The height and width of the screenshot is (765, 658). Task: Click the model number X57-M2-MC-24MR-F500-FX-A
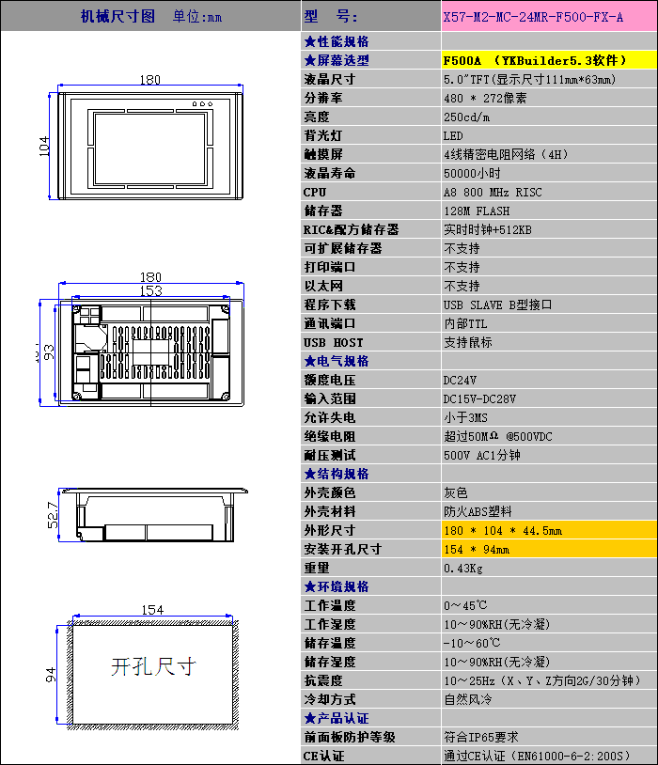click(x=533, y=17)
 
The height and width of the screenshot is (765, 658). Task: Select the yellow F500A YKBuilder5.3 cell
click(x=549, y=60)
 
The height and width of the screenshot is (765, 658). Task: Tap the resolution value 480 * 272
click(x=485, y=98)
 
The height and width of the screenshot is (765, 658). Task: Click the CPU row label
click(x=315, y=193)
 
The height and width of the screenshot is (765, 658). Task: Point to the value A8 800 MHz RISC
click(x=493, y=193)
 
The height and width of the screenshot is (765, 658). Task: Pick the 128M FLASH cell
click(x=477, y=211)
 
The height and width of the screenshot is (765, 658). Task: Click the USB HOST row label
click(x=334, y=342)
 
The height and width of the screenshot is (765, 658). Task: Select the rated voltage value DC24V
click(x=460, y=380)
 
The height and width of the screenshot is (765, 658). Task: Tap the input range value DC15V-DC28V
click(x=479, y=399)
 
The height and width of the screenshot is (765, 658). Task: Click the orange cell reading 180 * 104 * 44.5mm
click(x=549, y=530)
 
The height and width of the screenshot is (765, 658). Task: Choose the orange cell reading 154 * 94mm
click(x=549, y=550)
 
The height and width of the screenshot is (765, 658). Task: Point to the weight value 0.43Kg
click(x=463, y=569)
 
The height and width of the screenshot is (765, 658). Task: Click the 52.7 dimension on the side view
click(x=53, y=515)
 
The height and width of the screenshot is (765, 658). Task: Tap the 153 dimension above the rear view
click(x=150, y=290)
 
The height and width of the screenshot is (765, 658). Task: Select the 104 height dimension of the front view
click(x=44, y=147)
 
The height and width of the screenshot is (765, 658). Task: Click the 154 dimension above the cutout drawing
click(x=152, y=610)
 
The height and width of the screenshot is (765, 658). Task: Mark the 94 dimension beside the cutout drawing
click(x=51, y=675)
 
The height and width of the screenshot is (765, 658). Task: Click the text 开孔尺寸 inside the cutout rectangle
click(x=153, y=667)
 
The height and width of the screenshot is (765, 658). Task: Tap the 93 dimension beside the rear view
click(x=49, y=352)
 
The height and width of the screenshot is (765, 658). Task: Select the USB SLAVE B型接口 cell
click(x=497, y=304)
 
